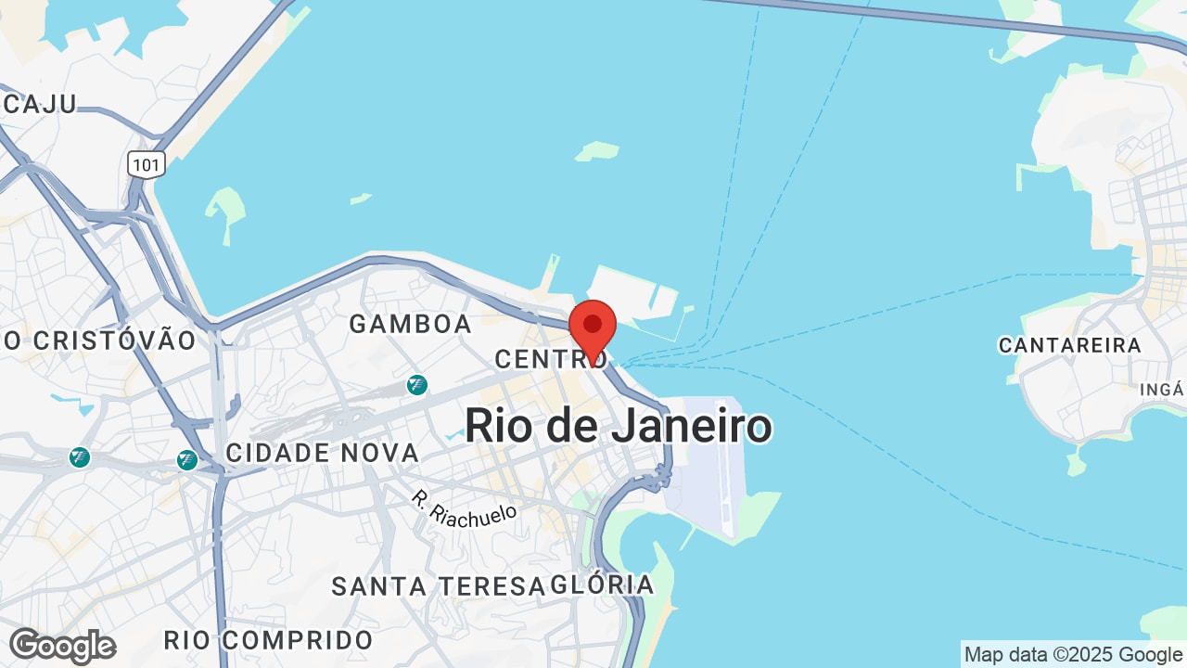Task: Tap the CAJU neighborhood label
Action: (39, 104)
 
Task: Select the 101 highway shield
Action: (147, 165)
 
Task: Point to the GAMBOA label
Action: (410, 324)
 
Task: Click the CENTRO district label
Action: (551, 359)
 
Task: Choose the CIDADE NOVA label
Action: (323, 453)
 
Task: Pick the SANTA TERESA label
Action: (438, 586)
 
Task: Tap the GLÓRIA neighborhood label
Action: (602, 584)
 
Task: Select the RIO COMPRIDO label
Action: (268, 640)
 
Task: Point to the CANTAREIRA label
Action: (1069, 345)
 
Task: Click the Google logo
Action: (62, 646)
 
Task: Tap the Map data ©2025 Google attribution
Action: (1074, 654)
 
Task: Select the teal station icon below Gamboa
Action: (416, 384)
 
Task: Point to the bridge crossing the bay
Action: (927, 18)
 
